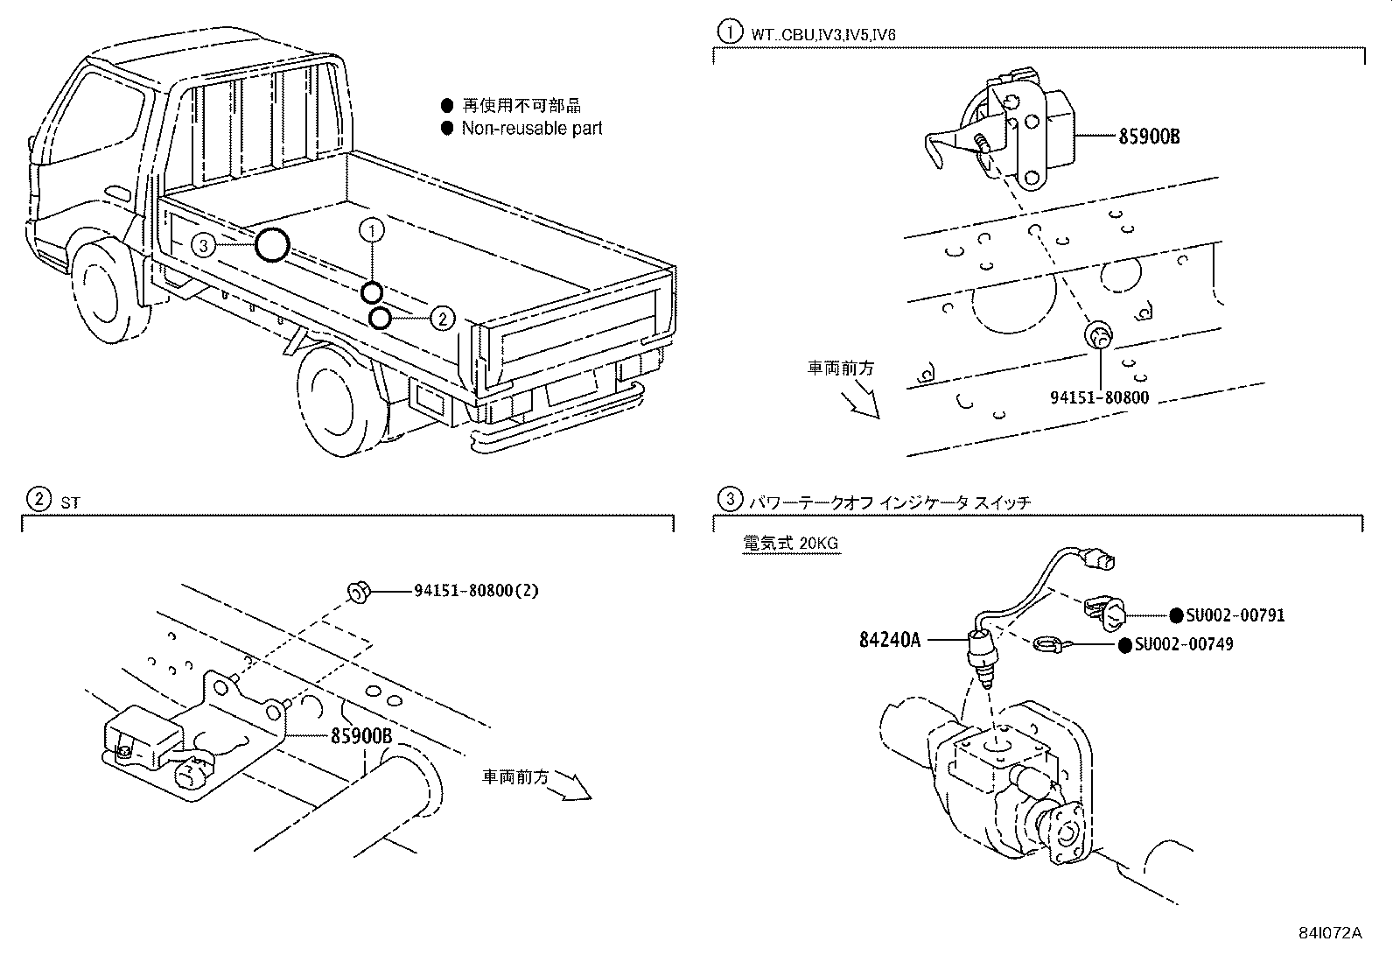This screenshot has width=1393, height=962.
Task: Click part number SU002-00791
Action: [x=1235, y=615]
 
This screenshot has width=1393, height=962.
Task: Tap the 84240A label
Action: [x=890, y=640]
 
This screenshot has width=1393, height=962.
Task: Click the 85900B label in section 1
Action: [x=1149, y=137]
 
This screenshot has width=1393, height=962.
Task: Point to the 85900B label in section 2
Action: [x=360, y=736]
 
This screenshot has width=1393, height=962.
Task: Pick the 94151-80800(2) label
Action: [x=476, y=591]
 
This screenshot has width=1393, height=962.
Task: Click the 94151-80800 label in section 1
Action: [x=1099, y=397]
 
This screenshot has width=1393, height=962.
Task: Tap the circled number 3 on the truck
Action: [x=203, y=246]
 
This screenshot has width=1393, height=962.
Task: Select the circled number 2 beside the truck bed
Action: [x=443, y=318]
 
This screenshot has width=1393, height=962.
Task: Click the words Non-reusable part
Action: [x=532, y=129]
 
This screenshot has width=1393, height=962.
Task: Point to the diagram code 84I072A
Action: [x=1330, y=932]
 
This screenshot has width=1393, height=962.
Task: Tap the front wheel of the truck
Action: [x=104, y=290]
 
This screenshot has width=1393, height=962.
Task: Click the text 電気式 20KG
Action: [x=790, y=544]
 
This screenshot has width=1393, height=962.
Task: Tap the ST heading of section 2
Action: [x=69, y=502]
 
